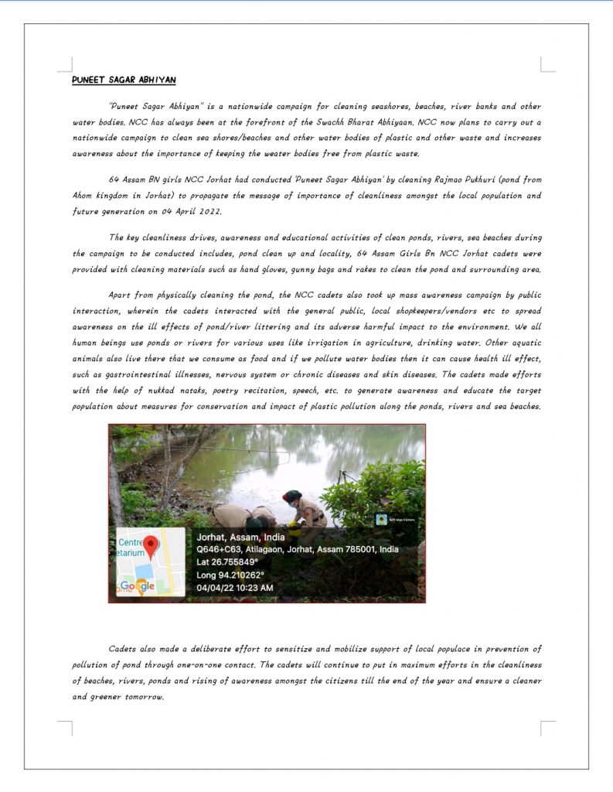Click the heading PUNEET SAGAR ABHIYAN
[124, 80]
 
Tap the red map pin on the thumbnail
[152, 546]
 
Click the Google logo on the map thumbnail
[138, 586]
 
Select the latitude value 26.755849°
[237, 562]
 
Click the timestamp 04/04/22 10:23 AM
[235, 588]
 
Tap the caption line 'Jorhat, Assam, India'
[240, 537]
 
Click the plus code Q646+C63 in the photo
[219, 549]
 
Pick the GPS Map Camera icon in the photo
[381, 519]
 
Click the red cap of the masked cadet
[291, 496]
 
